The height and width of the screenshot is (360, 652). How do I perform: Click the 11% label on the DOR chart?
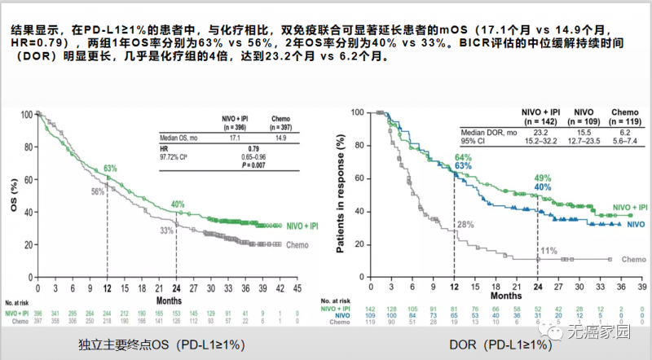(x=549, y=250)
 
